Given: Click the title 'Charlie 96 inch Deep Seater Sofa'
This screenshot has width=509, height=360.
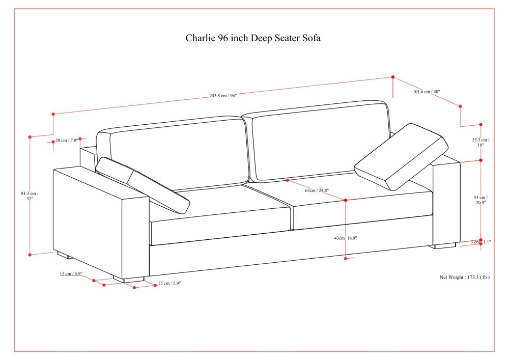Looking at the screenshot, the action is click(253, 38).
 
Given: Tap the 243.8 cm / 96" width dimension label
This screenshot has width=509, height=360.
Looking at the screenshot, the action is click(223, 96).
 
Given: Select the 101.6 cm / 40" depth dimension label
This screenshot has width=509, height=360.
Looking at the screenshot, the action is click(426, 92).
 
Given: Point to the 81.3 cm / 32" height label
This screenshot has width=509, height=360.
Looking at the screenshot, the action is click(30, 196).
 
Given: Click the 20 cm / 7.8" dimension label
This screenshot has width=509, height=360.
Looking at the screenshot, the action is click(67, 141).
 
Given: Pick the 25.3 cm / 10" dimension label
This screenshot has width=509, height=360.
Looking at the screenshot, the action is click(481, 143).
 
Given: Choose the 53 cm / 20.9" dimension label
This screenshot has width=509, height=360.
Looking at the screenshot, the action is click(481, 200).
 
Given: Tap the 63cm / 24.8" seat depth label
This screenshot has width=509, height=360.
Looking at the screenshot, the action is click(317, 190).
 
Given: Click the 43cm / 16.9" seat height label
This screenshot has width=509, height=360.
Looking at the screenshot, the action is click(346, 238).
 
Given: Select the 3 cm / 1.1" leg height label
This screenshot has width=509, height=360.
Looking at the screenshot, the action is click(481, 242).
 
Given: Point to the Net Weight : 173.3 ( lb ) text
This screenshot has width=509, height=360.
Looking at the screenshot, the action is click(465, 277).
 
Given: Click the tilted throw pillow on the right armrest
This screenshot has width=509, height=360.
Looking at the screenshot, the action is click(401, 156).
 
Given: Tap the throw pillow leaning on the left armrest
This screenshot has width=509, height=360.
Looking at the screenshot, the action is click(143, 185).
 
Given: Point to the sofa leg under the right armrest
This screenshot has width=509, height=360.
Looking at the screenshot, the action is click(444, 246).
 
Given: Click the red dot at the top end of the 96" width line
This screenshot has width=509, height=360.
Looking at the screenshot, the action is click(393, 77).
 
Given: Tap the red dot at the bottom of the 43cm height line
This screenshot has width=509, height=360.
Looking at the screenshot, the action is click(346, 258).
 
